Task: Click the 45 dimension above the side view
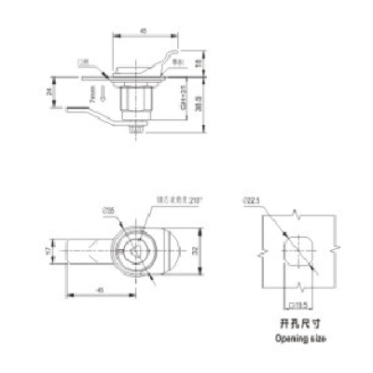144,31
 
